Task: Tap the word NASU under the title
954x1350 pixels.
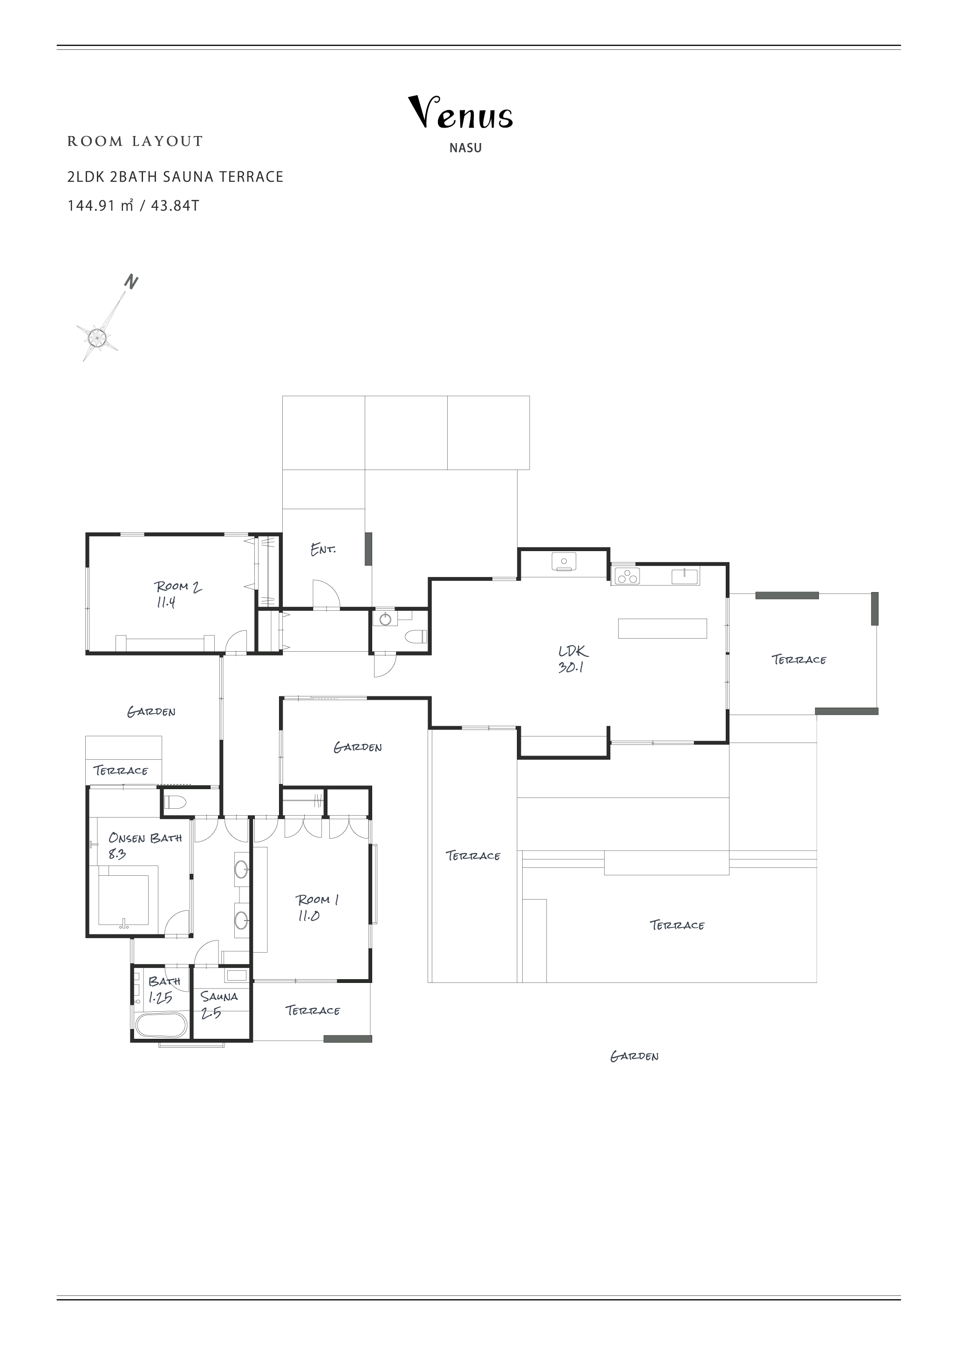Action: pos(465,148)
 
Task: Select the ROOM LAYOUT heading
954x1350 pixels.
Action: pos(135,141)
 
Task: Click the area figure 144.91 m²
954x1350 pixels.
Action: pos(101,206)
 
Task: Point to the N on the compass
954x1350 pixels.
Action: pos(131,282)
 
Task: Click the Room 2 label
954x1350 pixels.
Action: pos(177,586)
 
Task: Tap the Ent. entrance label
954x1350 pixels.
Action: pos(323,549)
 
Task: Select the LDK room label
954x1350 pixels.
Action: pos(573,651)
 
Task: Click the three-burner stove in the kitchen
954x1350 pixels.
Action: pos(627,576)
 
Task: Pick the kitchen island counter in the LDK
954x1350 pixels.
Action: pos(662,628)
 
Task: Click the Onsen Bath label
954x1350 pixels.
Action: pos(145,838)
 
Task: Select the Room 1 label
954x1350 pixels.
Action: pos(317,900)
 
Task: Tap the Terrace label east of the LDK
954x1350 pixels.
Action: pos(799,660)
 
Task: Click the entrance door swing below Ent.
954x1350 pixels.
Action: pos(326,594)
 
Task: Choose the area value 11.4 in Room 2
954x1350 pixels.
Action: pos(166,602)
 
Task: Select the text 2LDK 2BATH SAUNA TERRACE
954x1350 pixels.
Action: pos(175,177)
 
